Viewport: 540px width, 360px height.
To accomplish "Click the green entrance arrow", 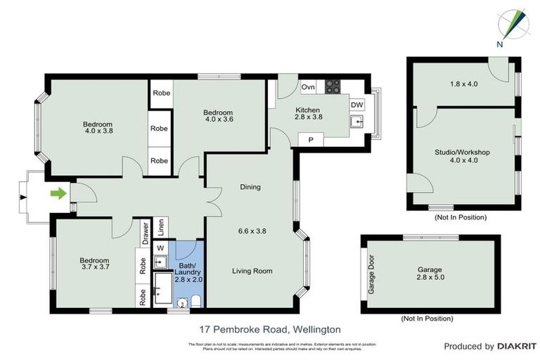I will pyautogui.click(x=58, y=193).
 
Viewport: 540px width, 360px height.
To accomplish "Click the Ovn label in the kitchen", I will pyautogui.click(x=307, y=87).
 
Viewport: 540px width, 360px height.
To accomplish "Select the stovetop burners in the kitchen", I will pyautogui.click(x=333, y=87).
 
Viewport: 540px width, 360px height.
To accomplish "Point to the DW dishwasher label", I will pyautogui.click(x=357, y=105).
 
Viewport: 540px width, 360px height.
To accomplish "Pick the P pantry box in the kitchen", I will pyautogui.click(x=310, y=140).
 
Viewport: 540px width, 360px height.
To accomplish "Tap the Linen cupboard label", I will pyautogui.click(x=161, y=226).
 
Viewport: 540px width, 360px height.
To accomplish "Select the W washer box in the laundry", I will pyautogui.click(x=160, y=247).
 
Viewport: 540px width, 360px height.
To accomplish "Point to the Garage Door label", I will pyautogui.click(x=372, y=275).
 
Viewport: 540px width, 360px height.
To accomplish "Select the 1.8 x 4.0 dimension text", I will pyautogui.click(x=463, y=84).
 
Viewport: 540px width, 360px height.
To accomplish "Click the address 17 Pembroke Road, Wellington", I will pyautogui.click(x=271, y=329).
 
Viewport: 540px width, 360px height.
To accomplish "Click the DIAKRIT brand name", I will pyautogui.click(x=517, y=346).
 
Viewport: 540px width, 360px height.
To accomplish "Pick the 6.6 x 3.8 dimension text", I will pyautogui.click(x=252, y=231).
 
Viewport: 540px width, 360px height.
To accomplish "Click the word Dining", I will pyautogui.click(x=250, y=187).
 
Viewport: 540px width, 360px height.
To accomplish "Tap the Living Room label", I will pyautogui.click(x=252, y=271).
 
